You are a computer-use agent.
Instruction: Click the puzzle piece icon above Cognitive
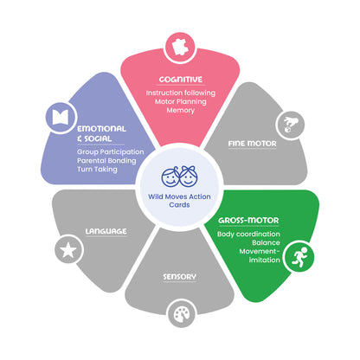tap(180, 47)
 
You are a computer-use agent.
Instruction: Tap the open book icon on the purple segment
tap(61, 117)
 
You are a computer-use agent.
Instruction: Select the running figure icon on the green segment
tap(299, 256)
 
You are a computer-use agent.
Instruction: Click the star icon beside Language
tap(68, 250)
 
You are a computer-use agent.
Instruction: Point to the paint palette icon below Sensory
tap(182, 314)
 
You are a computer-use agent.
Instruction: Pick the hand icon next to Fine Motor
tap(290, 125)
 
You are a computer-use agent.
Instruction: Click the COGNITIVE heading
tap(181, 80)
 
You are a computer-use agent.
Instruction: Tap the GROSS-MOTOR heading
tap(248, 221)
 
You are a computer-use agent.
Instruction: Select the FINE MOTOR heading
tap(252, 144)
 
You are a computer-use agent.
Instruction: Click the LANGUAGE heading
tap(106, 231)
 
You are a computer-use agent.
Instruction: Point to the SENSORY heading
tap(179, 277)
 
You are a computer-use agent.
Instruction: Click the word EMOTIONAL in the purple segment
tap(101, 129)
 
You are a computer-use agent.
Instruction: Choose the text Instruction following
tap(181, 93)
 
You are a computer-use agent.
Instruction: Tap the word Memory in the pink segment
tap(181, 110)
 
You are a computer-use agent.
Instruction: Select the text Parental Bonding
tap(106, 161)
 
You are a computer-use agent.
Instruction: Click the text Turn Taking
tap(97, 170)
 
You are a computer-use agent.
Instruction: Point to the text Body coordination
tap(248, 234)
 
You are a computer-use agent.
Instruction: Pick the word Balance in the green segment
tap(266, 242)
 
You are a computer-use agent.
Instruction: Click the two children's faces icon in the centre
tap(180, 176)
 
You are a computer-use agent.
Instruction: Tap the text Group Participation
tap(111, 152)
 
